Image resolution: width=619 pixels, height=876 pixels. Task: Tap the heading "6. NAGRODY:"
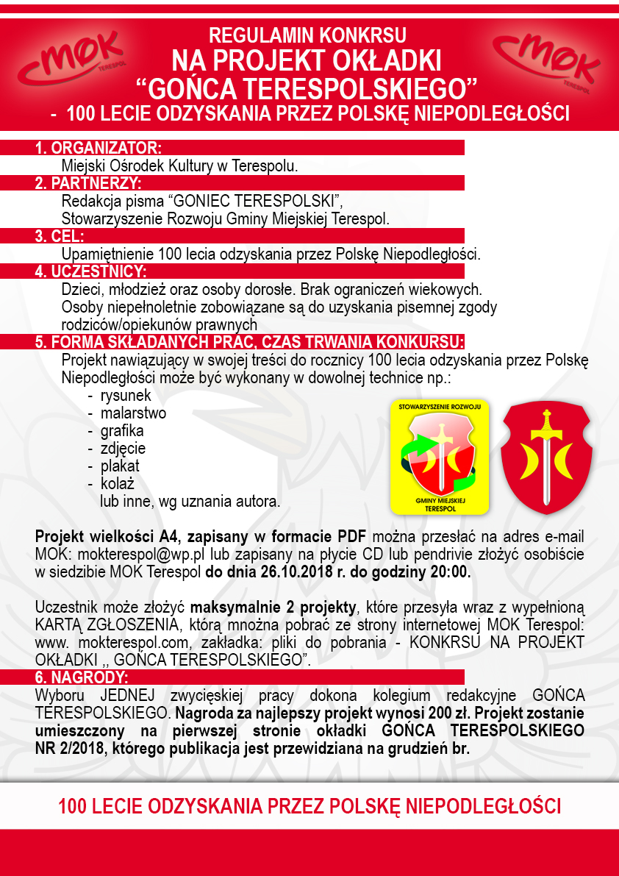click(82, 677)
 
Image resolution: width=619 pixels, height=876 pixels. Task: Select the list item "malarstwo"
click(133, 413)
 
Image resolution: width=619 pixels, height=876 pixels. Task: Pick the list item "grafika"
click(122, 431)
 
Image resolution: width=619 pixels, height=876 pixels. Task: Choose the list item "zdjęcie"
click(123, 449)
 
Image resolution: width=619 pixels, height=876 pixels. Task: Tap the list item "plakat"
click(120, 466)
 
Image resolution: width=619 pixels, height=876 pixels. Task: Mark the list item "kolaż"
click(117, 484)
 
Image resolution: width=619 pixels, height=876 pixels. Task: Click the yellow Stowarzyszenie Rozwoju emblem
click(440, 457)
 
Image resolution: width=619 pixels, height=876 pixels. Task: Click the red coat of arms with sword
click(545, 457)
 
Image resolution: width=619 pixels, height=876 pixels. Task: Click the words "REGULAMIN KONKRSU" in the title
click(307, 35)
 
